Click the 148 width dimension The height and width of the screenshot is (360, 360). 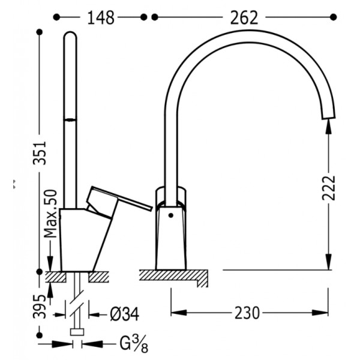coord(101,17)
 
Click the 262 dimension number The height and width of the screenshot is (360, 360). coord(244,17)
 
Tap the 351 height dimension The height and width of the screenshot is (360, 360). coord(40,153)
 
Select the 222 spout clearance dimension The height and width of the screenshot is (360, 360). coord(329,188)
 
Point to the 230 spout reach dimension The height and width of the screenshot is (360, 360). coord(247,313)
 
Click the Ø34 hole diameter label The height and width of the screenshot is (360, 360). coord(124,314)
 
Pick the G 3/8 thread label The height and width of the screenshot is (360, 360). coord(134,344)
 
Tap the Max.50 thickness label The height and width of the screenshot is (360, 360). coord(50,213)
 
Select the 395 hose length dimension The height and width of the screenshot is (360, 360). coord(40,306)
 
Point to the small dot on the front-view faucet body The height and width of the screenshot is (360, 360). coord(170,215)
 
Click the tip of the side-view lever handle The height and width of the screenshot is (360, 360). coord(151,208)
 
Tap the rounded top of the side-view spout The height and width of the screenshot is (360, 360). coord(70,34)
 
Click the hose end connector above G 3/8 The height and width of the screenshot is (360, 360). coord(77,332)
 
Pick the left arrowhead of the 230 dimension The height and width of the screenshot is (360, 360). coord(179,313)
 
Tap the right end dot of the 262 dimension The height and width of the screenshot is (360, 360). coord(334,17)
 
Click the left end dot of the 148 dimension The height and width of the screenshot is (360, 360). coord(56,17)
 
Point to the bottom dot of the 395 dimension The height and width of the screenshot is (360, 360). coord(40,335)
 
